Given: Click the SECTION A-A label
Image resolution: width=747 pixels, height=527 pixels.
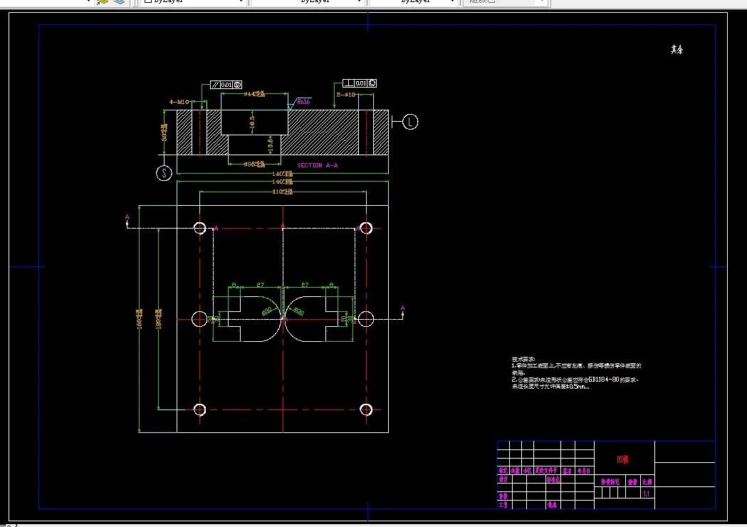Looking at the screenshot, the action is coord(317,165).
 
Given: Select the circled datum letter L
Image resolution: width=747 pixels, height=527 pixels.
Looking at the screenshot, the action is coord(410,122).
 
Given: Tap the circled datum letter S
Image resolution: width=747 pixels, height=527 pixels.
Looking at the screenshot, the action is coord(165,173).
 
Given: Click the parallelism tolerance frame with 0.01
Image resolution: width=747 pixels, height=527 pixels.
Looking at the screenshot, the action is coord(226,84).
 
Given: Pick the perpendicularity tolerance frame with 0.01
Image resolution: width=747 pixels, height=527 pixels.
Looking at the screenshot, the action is coord(360,83).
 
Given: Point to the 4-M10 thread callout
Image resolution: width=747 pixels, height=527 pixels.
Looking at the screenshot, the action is coord(178,103).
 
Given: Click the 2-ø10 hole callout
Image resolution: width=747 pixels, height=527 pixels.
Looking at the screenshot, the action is coord(345,94).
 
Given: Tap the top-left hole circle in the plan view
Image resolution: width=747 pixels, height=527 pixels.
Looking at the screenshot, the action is coord(199,228).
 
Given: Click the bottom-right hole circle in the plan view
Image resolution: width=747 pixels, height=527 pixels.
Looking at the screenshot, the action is coord(366,409).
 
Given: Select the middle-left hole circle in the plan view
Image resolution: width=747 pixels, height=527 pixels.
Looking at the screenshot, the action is coord(199,318).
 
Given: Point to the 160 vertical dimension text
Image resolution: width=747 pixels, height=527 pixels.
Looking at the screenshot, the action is coord(140,319).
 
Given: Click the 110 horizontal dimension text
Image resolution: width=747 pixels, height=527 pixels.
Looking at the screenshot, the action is coord(283,192).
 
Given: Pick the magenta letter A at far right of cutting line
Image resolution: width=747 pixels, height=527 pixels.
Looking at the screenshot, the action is coord(403,308).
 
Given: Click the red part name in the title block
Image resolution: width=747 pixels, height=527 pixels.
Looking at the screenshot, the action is coord(622,460).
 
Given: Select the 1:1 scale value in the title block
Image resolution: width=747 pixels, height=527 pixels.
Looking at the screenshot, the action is coord(646,494).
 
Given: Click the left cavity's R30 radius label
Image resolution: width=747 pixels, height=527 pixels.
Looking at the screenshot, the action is coord(268,311).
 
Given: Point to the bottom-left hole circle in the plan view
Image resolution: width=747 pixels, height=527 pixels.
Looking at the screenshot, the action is coord(199,409).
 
